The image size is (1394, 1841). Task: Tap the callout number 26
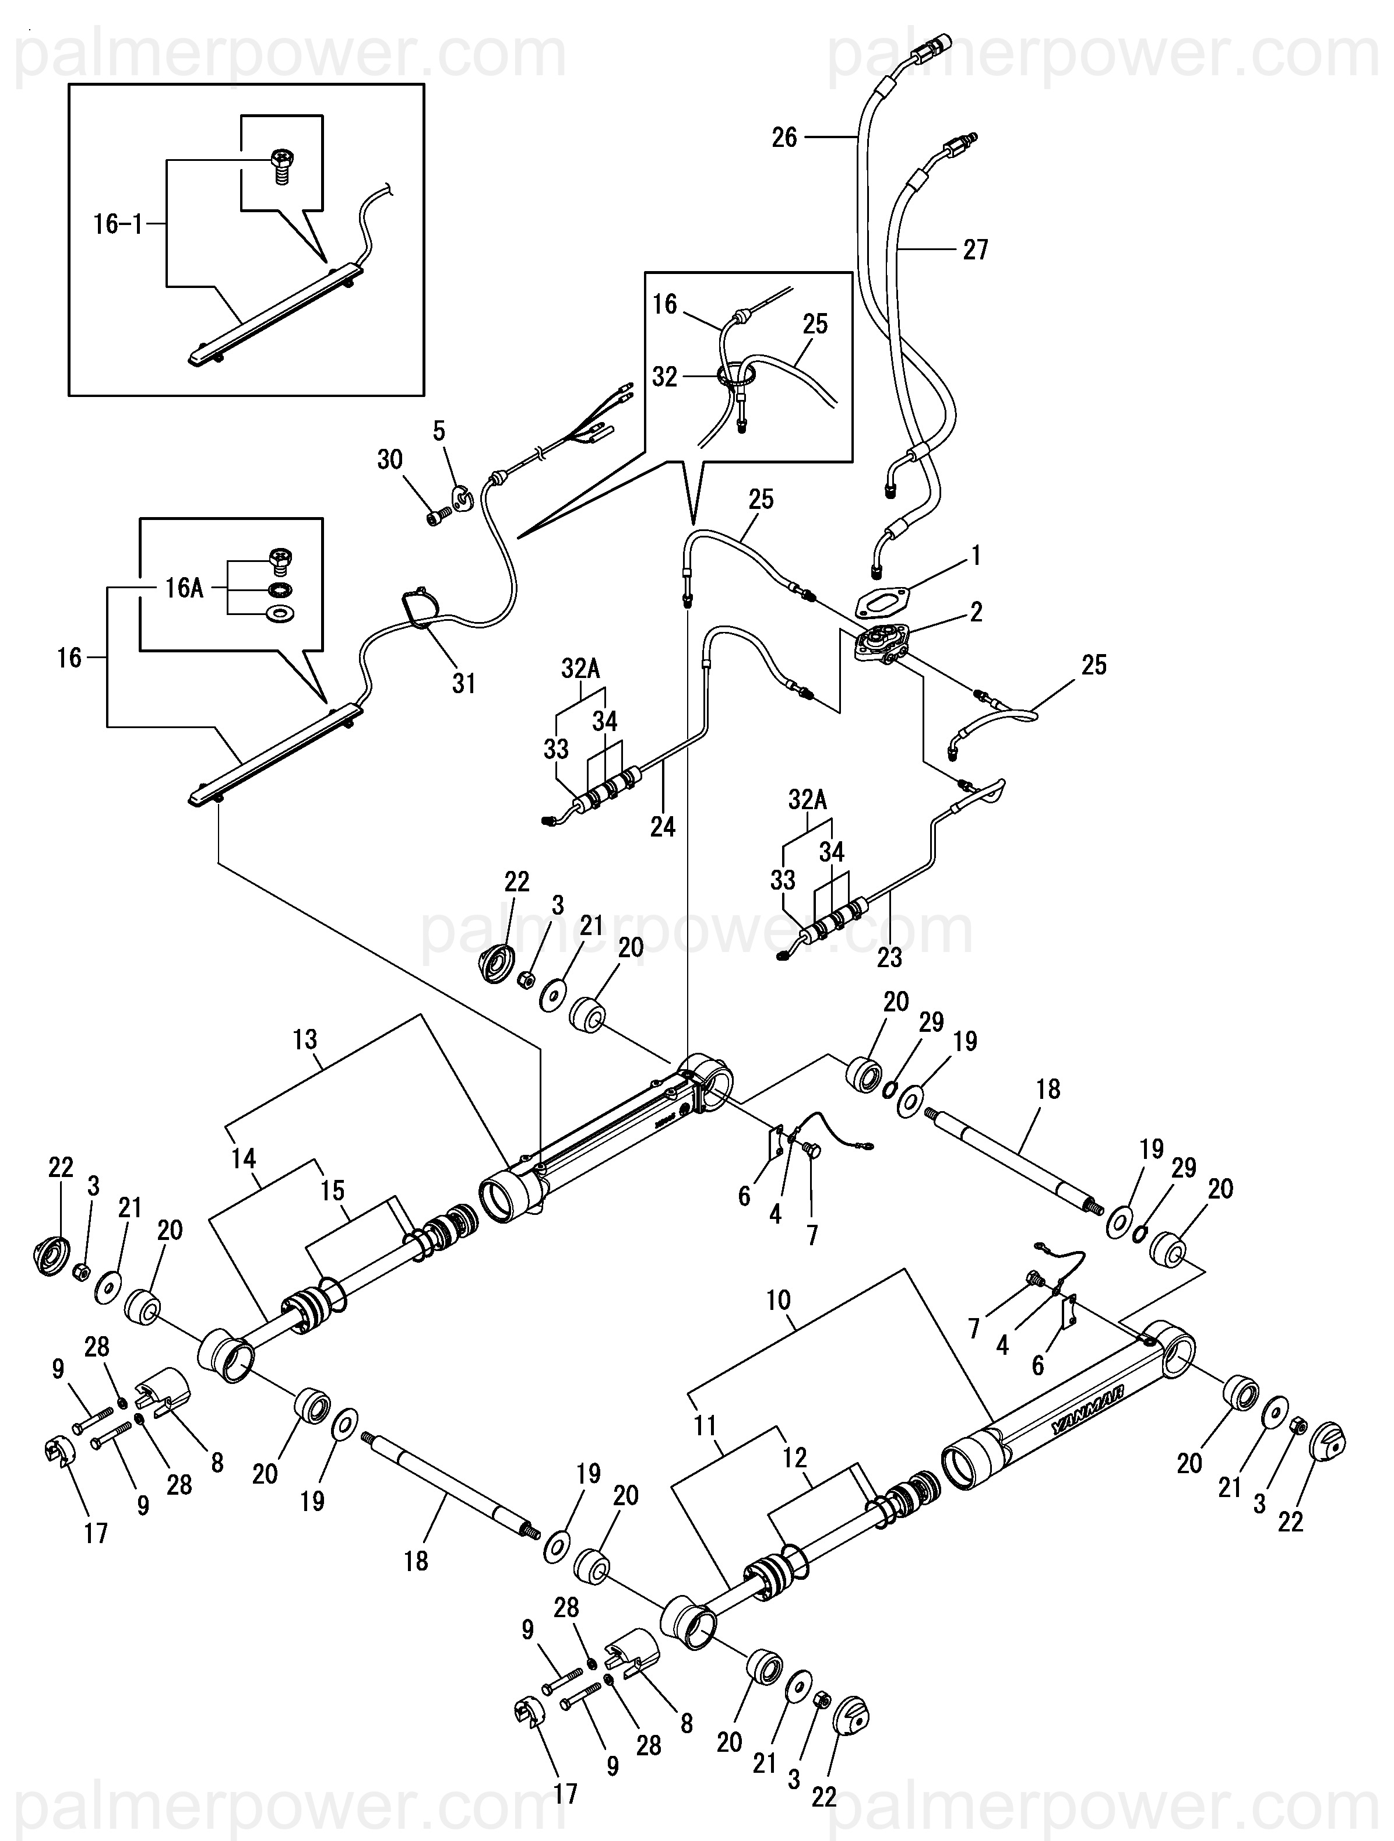point(784,138)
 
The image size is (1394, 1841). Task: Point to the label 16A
point(184,588)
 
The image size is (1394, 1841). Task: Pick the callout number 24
point(663,827)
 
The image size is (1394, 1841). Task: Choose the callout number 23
point(889,957)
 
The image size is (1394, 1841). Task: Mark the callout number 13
point(305,1039)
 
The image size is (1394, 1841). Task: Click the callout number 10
point(778,1300)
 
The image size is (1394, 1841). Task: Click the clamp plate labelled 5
point(460,497)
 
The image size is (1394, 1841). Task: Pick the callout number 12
point(795,1458)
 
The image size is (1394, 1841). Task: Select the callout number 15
point(332,1191)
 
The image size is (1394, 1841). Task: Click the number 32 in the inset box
point(664,377)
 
